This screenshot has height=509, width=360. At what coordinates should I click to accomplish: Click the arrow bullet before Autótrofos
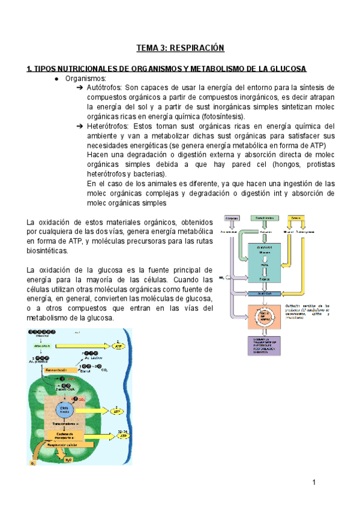pos(80,88)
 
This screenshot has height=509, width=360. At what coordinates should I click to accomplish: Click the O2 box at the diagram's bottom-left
pos(33,463)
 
